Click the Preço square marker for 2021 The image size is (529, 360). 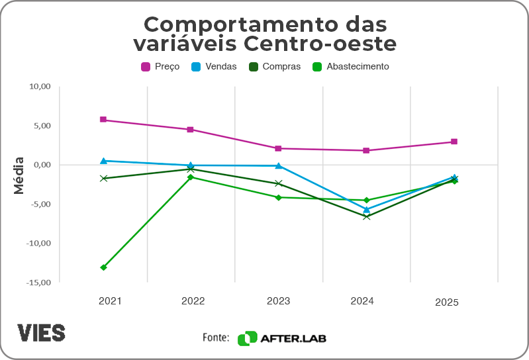[103, 120]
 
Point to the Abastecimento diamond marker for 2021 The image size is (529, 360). [103, 267]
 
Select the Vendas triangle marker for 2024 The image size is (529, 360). [366, 209]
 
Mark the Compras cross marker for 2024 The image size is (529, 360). [366, 216]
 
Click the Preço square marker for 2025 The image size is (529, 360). [454, 142]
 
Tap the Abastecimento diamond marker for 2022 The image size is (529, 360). [191, 177]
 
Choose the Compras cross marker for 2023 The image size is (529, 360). [279, 183]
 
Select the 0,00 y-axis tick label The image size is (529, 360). [41, 165]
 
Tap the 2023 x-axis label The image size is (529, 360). [279, 301]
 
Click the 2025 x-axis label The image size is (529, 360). [447, 302]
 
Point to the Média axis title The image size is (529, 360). [19, 175]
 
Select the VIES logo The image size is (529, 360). [41, 332]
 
